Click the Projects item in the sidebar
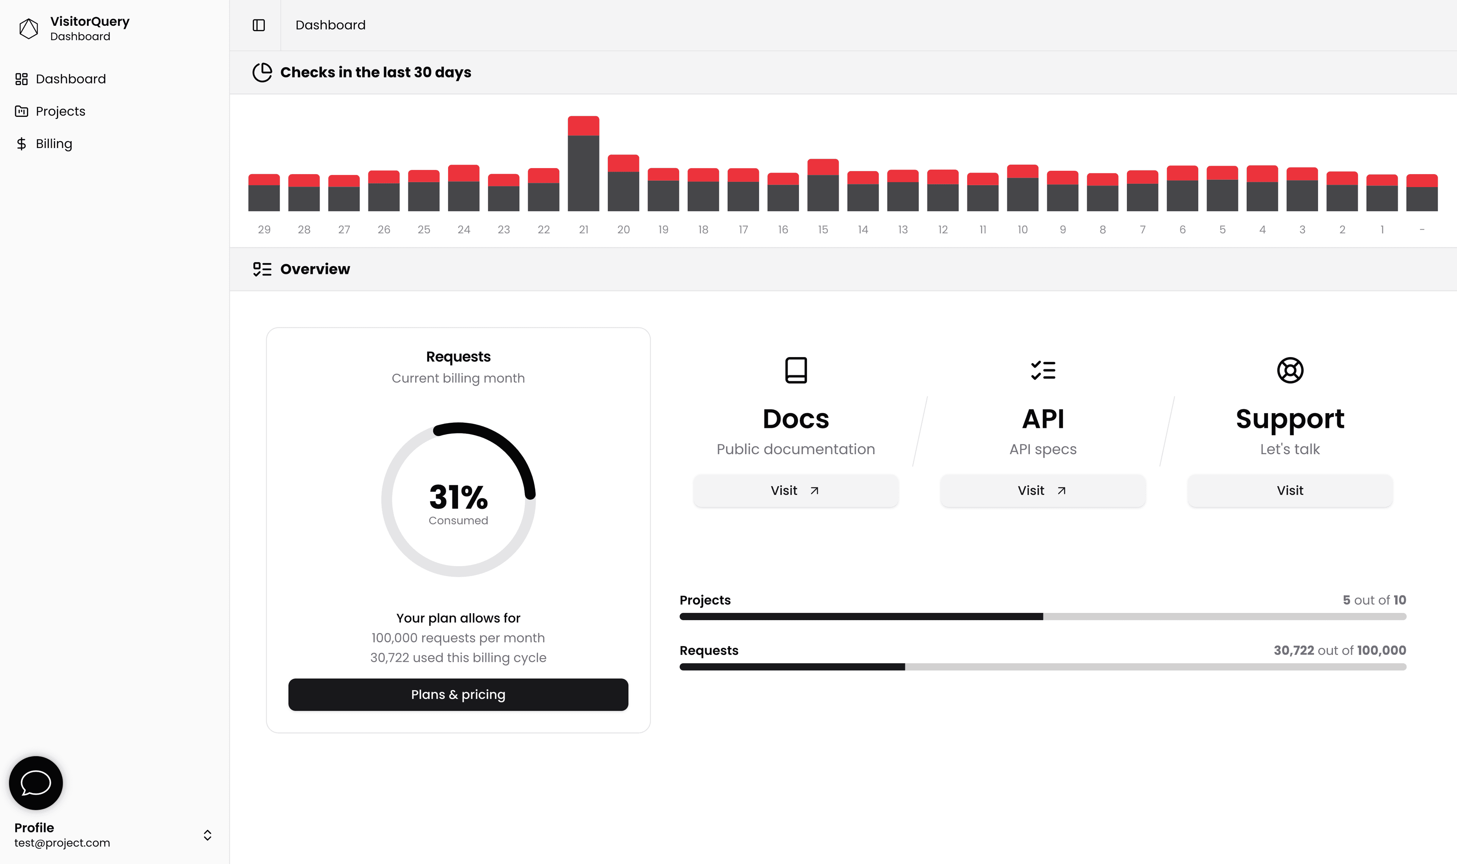point(60,111)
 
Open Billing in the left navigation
point(53,144)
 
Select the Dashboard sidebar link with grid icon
point(70,79)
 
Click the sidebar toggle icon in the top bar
point(258,25)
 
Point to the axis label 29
point(264,230)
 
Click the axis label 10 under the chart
point(1022,230)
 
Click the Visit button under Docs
point(795,491)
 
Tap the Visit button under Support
point(1289,491)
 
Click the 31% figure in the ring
point(458,497)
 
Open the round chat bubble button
point(36,783)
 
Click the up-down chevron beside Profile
point(207,835)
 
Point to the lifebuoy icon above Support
point(1290,370)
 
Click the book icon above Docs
point(796,370)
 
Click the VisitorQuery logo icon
point(28,28)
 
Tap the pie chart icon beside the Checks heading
point(262,72)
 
